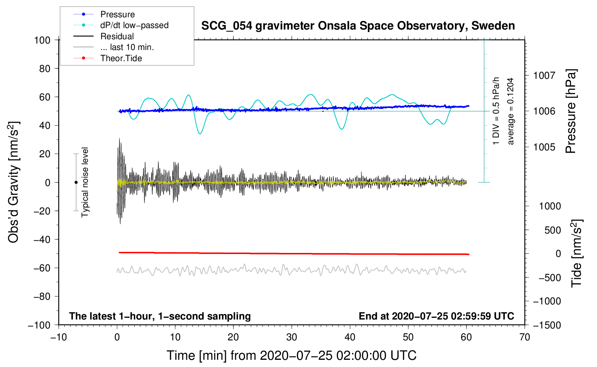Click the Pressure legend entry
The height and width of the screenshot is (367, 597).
point(117,14)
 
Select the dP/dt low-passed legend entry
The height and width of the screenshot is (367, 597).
point(134,25)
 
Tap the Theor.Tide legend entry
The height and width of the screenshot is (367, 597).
point(121,58)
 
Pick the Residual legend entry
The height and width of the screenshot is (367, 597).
point(117,36)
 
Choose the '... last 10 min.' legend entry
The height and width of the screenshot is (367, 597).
point(127,47)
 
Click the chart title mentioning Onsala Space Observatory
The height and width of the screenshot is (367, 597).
point(358,26)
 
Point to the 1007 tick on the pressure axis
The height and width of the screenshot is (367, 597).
point(544,76)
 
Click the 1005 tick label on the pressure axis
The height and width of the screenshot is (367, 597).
point(544,147)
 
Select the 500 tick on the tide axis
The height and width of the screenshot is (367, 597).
point(552,230)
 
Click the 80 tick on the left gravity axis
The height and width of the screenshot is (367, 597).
point(45,68)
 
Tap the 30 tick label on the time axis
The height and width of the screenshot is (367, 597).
point(292,337)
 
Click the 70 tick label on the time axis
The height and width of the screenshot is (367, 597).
point(525,337)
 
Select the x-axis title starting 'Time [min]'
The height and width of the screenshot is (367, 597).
point(291,355)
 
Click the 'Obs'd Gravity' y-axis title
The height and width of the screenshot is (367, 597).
point(14,182)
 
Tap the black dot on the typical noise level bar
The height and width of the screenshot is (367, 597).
point(76,182)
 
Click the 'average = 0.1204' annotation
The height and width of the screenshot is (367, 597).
point(511,111)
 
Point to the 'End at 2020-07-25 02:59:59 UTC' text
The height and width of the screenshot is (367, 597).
point(436,316)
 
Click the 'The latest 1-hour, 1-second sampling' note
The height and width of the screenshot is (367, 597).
point(160,316)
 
